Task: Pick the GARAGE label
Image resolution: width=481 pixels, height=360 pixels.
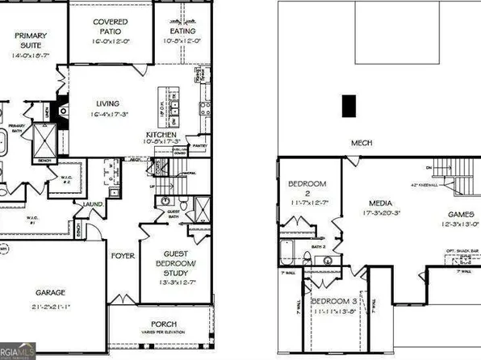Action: click(50, 292)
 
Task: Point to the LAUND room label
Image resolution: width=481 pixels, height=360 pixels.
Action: click(93, 204)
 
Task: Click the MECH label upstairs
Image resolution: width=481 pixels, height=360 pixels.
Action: click(360, 144)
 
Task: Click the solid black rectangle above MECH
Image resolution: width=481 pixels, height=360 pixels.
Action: click(349, 106)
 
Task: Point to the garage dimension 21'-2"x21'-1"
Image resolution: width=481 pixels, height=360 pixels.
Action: click(50, 308)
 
